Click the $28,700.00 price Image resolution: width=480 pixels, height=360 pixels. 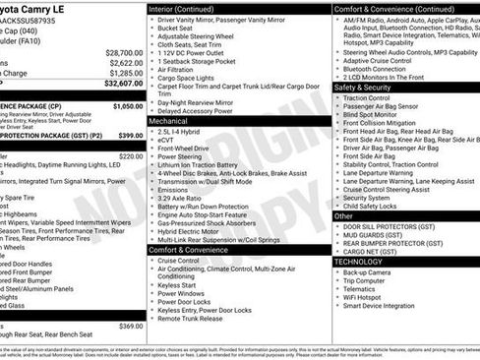click(123, 51)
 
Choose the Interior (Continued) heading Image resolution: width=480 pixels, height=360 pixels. click(188, 8)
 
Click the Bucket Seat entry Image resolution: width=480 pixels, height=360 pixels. click(180, 30)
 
